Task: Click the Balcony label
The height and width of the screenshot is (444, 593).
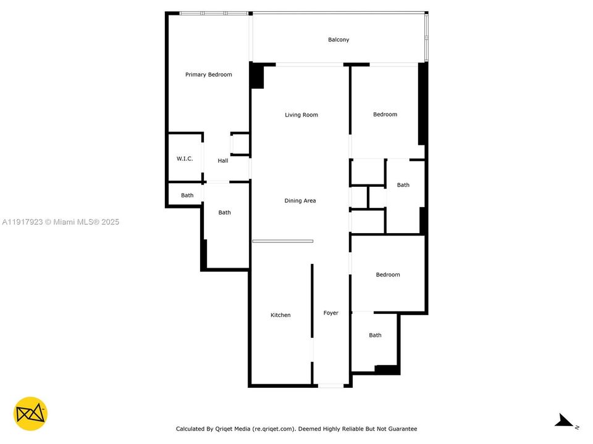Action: [x=339, y=39]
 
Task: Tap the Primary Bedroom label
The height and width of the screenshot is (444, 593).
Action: [x=208, y=75]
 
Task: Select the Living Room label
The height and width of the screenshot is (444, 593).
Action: [x=301, y=115]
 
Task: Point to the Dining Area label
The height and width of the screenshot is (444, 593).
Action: [x=300, y=201]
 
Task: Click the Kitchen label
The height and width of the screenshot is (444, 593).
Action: [x=280, y=315]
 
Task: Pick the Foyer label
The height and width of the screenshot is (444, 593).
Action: [x=331, y=313]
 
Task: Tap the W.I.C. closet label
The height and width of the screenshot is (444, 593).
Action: [x=185, y=158]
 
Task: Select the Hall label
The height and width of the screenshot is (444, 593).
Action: [x=223, y=161]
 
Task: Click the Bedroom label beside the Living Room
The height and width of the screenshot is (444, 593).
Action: [x=385, y=115]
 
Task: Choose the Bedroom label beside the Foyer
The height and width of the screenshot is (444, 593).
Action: [x=388, y=275]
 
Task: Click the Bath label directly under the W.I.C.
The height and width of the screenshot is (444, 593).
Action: [x=187, y=195]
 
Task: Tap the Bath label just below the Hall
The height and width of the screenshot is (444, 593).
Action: [x=224, y=213]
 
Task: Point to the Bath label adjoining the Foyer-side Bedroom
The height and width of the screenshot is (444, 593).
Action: [x=375, y=335]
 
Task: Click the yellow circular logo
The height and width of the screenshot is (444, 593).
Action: [x=30, y=414]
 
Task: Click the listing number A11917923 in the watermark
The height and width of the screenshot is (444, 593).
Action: [x=22, y=222]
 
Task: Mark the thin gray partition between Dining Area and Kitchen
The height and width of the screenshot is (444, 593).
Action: [x=282, y=241]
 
